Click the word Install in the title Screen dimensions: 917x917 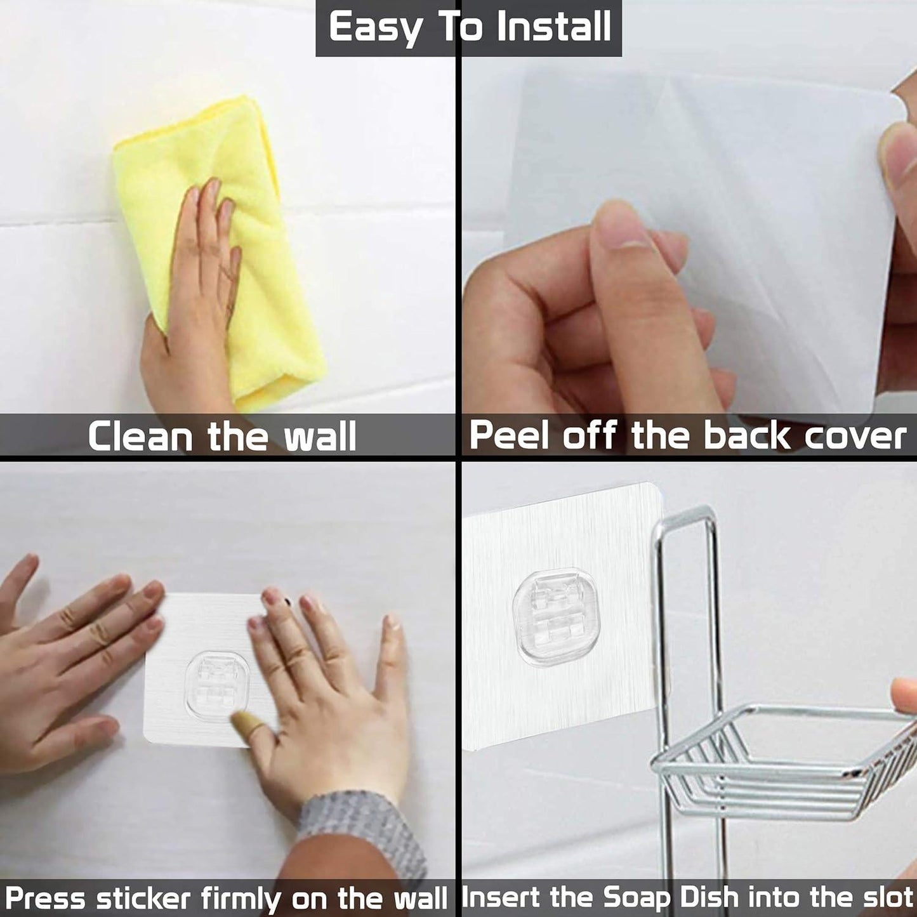pos(554,27)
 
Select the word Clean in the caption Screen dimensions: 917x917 pos(140,437)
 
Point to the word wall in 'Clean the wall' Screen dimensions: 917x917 pos(320,437)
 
